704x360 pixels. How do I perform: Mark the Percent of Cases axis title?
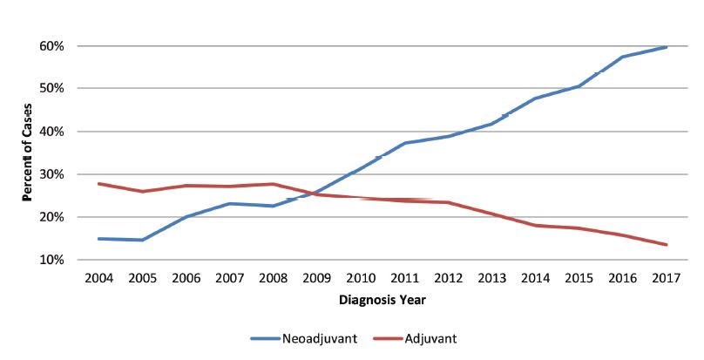27,153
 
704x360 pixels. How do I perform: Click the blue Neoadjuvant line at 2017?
667,47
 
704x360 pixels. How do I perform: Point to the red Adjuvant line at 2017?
667,245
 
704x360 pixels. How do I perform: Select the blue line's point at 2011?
404,143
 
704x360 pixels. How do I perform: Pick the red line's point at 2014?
535,226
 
